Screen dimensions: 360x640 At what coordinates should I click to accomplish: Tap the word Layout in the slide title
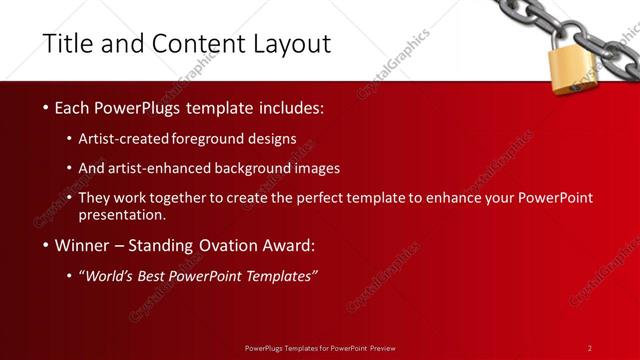291,44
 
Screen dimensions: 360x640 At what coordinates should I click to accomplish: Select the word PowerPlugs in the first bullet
136,108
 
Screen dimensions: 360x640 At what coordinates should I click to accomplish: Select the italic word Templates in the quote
278,276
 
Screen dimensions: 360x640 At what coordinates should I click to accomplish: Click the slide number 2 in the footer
590,348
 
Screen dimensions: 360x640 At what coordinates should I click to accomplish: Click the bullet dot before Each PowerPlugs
45,108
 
